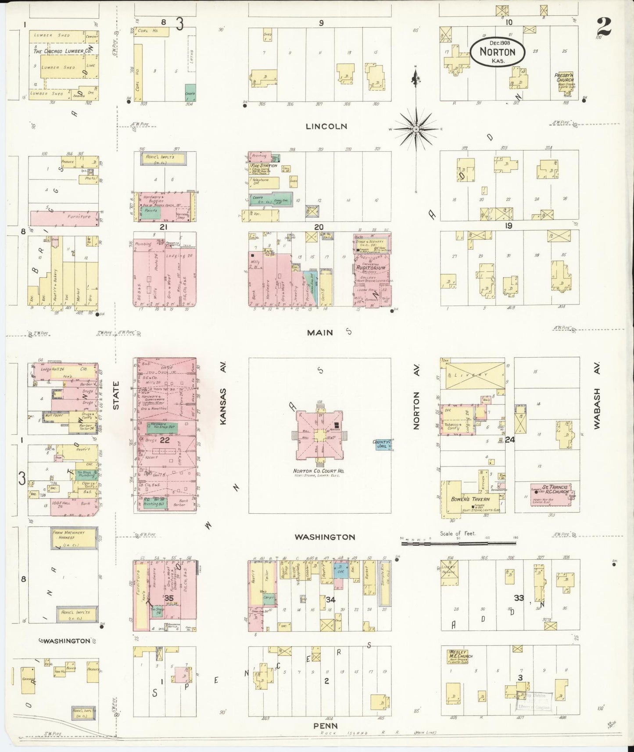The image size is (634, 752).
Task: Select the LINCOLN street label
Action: (x=326, y=126)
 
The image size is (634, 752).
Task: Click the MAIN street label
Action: (x=320, y=333)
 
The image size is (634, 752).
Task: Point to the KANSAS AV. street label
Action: (x=223, y=406)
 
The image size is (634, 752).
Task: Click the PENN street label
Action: (x=326, y=726)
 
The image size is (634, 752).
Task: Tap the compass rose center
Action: (x=416, y=129)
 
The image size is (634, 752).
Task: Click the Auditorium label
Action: (x=371, y=268)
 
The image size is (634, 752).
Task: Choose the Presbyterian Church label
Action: (x=565, y=78)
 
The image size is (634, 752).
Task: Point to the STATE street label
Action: (x=116, y=395)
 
